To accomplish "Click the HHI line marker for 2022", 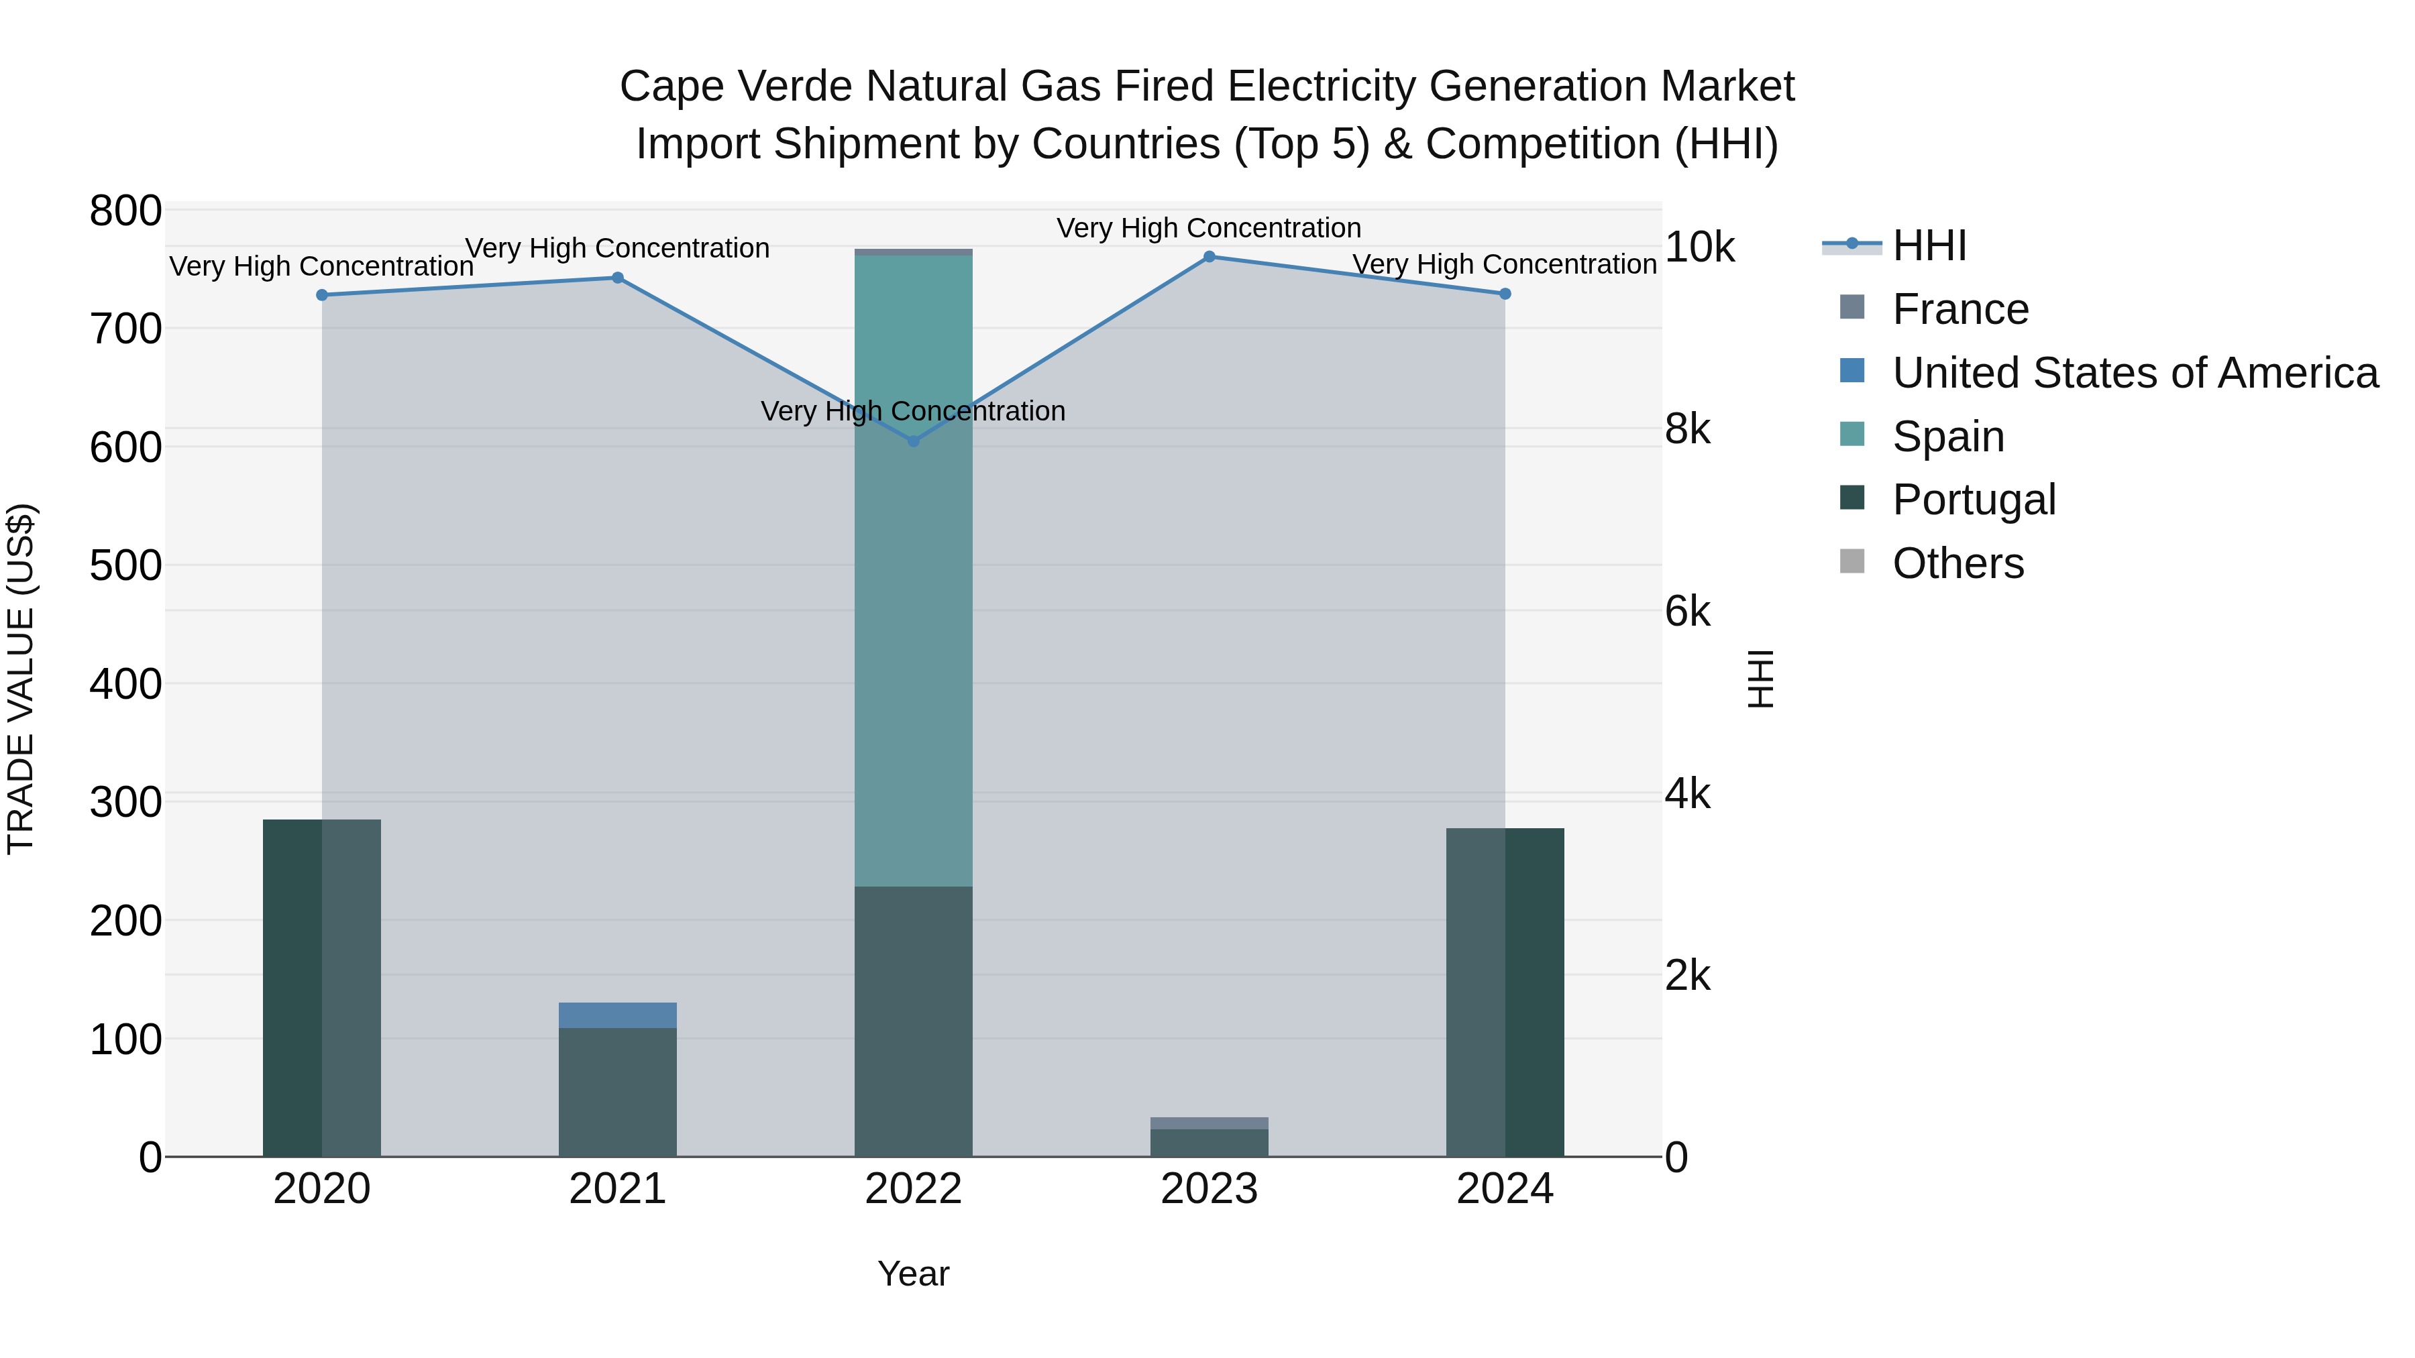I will (913, 441).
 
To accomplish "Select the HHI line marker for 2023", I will (1208, 256).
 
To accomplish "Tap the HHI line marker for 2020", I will (321, 294).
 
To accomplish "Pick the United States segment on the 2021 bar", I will (617, 1015).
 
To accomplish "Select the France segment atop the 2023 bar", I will (1208, 1123).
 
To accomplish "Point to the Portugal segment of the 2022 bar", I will (913, 1021).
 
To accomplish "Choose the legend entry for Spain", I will (1947, 437).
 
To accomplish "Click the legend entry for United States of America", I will (2134, 373).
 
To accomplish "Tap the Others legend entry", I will (1957, 563).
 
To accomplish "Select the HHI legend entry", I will (1929, 245).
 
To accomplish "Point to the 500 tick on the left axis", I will (125, 565).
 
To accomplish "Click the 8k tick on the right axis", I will (1688, 429).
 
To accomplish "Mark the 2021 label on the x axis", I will (617, 1189).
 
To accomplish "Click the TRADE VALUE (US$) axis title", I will (21, 679).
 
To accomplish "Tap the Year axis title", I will (913, 1274).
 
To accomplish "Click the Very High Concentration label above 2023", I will (1208, 228).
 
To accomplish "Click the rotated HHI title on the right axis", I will (1761, 679).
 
